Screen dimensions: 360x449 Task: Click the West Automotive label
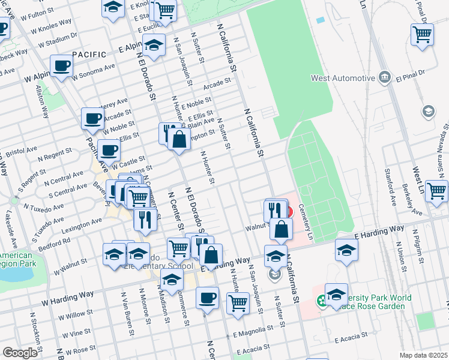[x=343, y=78]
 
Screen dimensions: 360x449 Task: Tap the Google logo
[x=20, y=353]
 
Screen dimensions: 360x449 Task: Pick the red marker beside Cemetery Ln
[x=289, y=212]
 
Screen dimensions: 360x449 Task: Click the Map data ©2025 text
[x=423, y=355]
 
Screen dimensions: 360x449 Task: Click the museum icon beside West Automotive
[x=384, y=78]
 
